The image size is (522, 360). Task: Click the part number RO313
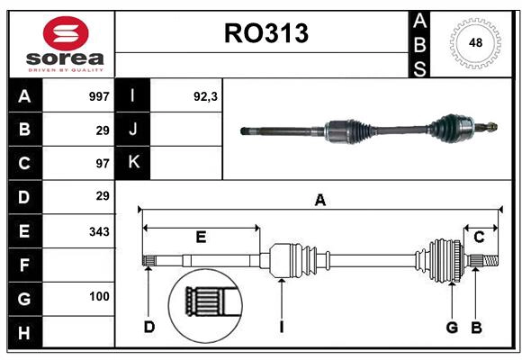(265, 33)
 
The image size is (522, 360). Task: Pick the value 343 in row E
(99, 231)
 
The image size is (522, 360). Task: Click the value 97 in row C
(103, 163)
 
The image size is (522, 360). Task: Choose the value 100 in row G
(99, 296)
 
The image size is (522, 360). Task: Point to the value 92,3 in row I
(207, 96)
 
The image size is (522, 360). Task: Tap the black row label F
(24, 265)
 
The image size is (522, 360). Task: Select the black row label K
(133, 163)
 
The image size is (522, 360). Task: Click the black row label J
(133, 130)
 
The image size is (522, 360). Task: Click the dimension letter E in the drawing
(201, 238)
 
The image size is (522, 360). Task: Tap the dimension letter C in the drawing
(479, 238)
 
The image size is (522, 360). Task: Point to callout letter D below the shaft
(149, 327)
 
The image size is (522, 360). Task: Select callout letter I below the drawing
(281, 327)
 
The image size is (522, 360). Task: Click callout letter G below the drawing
(452, 327)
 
